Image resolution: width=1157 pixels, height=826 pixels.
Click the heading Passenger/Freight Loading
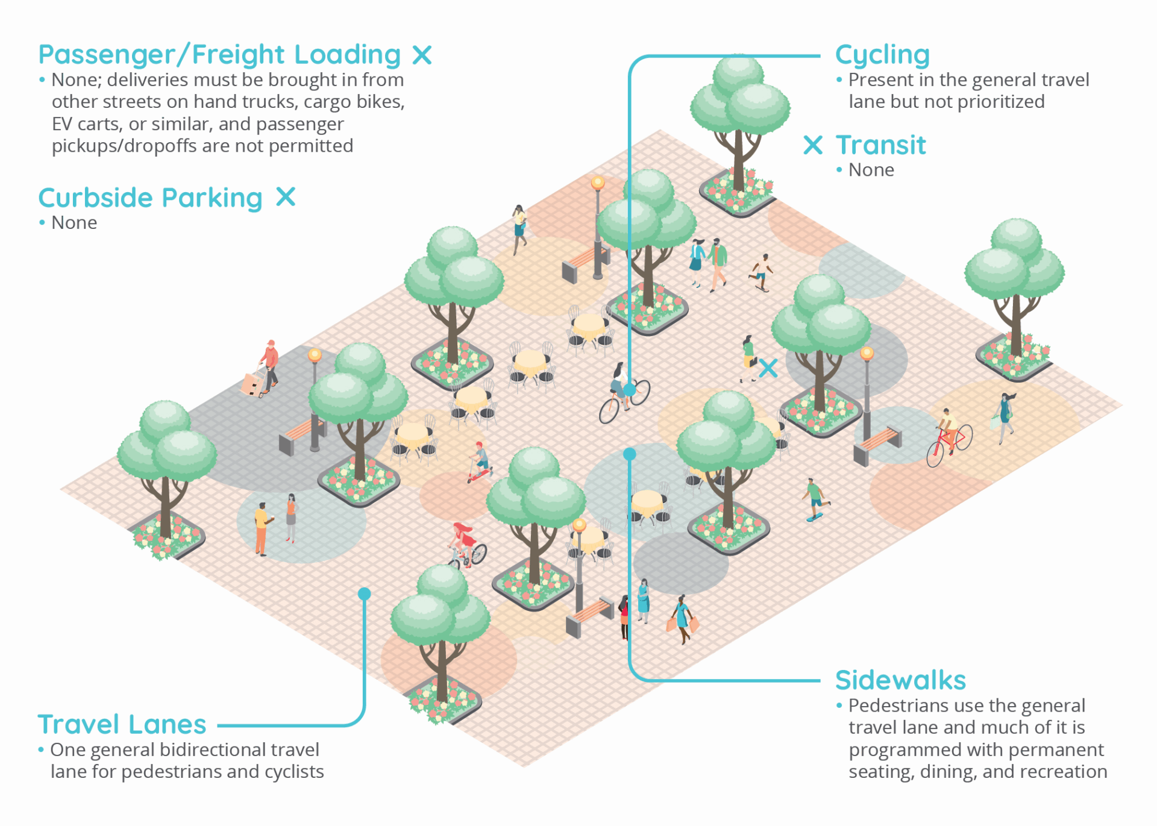pyautogui.click(x=219, y=55)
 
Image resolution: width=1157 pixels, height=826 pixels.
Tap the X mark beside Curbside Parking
pyautogui.click(x=286, y=196)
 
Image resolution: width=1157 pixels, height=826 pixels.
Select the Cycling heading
pyautogui.click(x=882, y=55)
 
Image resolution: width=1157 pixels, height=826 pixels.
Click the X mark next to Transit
pyautogui.click(x=813, y=145)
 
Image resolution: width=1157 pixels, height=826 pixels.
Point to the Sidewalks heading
pyautogui.click(x=900, y=680)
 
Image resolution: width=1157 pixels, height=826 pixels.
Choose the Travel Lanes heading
pyautogui.click(x=122, y=724)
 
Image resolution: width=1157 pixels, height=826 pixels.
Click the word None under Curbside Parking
pyautogui.click(x=74, y=223)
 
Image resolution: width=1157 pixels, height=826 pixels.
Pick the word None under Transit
pyautogui.click(x=871, y=171)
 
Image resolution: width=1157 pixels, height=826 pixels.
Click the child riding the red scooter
pyautogui.click(x=480, y=461)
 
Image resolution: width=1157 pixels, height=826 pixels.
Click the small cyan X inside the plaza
pyautogui.click(x=768, y=368)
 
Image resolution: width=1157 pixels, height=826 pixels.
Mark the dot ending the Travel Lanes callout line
pyautogui.click(x=364, y=594)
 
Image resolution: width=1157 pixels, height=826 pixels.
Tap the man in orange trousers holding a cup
pyautogui.click(x=262, y=527)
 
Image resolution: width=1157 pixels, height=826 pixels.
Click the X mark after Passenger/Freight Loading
pyautogui.click(x=422, y=55)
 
